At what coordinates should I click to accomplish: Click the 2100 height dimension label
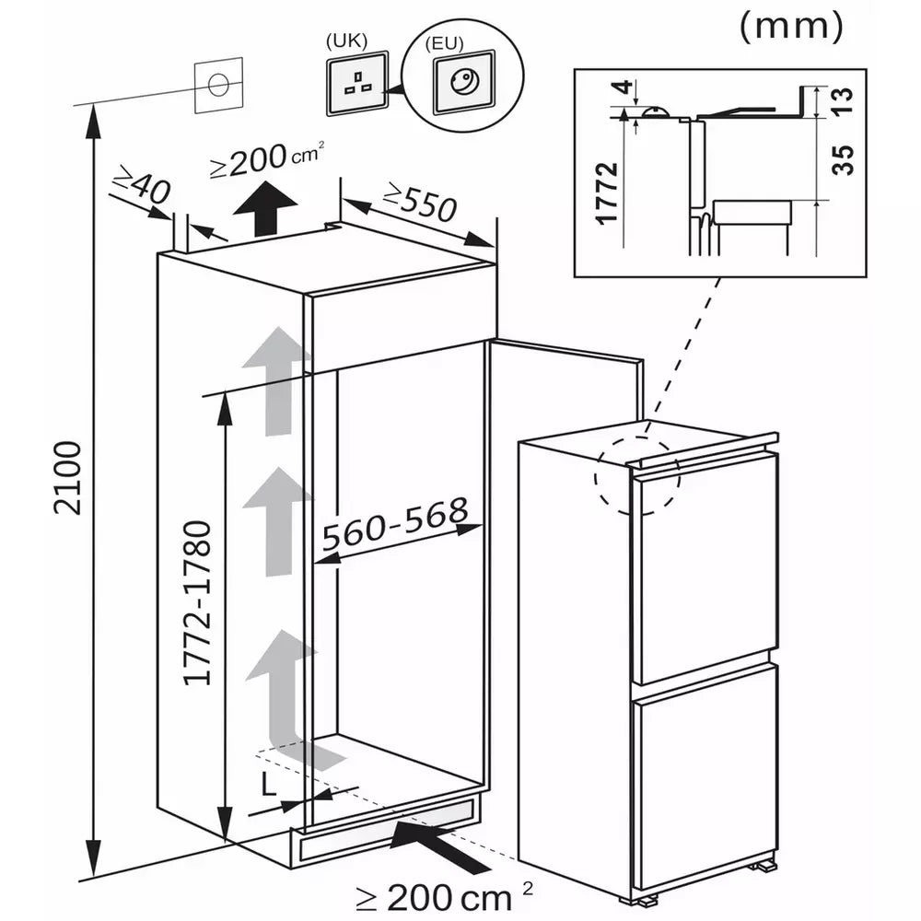(67, 478)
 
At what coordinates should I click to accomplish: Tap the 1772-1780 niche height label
(197, 603)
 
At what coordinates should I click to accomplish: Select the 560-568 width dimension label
(395, 524)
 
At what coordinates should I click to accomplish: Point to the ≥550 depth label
(419, 202)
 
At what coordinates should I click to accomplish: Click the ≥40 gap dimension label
(143, 184)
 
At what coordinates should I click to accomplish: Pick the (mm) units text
(791, 27)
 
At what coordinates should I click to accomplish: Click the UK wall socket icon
(357, 83)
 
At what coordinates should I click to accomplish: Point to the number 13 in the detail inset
(843, 101)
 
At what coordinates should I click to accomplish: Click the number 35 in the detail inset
(843, 159)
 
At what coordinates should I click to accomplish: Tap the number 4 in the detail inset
(624, 88)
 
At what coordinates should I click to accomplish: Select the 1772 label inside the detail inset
(607, 193)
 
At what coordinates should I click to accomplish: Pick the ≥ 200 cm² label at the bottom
(445, 898)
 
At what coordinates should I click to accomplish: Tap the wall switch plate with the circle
(218, 85)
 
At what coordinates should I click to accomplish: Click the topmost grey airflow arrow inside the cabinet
(276, 382)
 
